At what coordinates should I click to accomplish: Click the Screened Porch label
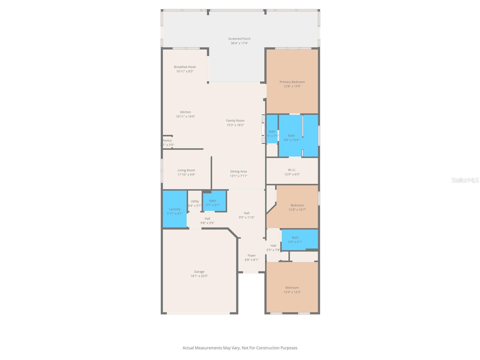tap(239, 39)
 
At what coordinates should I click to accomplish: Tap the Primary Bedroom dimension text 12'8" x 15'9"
tap(292, 86)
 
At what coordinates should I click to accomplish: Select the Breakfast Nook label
tap(185, 67)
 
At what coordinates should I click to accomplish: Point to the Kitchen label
tap(185, 112)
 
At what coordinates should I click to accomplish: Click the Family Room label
tap(235, 121)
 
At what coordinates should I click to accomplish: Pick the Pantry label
tap(167, 140)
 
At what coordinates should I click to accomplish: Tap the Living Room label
tap(186, 170)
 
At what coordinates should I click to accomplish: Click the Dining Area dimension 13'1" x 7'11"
tap(238, 176)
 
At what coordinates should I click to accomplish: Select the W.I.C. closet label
tap(292, 170)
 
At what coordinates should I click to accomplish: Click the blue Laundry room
tap(175, 209)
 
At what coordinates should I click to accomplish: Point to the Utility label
tap(195, 201)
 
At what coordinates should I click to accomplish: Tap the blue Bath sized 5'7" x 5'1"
tap(214, 201)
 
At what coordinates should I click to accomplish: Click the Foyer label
tap(251, 256)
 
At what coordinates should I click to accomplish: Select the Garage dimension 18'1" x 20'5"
tap(199, 276)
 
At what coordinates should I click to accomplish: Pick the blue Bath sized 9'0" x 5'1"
tap(299, 239)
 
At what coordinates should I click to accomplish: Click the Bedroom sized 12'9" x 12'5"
tap(292, 288)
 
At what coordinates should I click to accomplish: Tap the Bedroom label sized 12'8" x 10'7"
tap(297, 205)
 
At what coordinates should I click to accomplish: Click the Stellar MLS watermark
tap(465, 180)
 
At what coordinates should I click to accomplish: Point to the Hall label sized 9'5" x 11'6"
tap(246, 213)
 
